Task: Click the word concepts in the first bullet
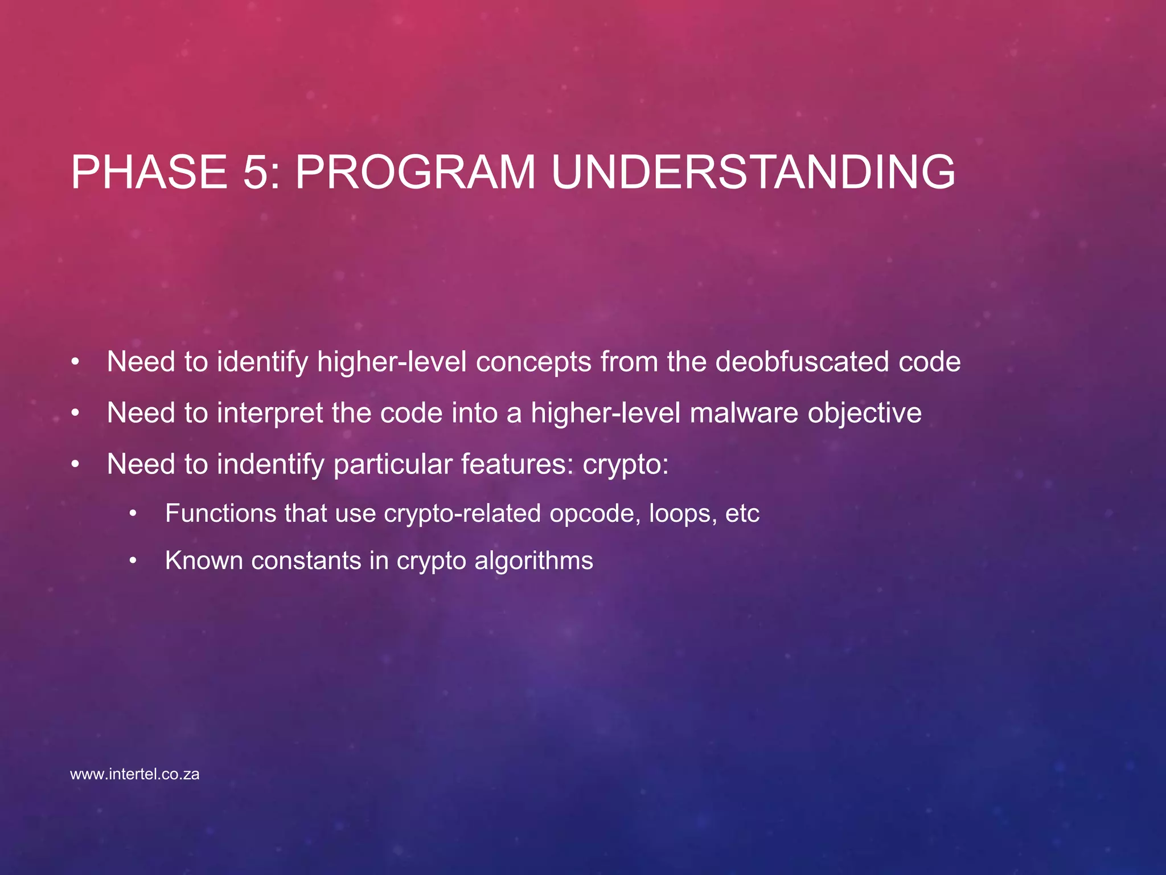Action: tap(533, 362)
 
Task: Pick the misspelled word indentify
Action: tap(270, 464)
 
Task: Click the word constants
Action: tap(306, 561)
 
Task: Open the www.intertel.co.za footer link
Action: tap(135, 774)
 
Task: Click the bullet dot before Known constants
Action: tap(133, 561)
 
